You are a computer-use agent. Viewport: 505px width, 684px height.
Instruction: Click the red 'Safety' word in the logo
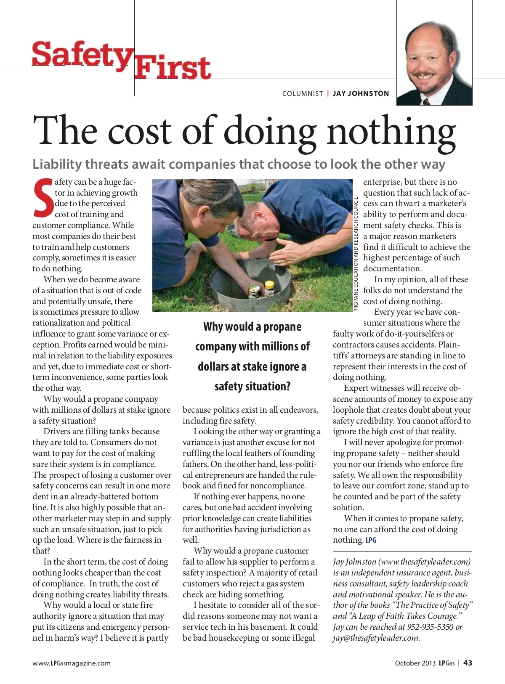click(x=81, y=55)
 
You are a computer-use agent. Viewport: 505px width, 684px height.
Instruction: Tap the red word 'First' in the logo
click(x=173, y=68)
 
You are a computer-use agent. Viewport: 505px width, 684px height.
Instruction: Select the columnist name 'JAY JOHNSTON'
click(x=361, y=93)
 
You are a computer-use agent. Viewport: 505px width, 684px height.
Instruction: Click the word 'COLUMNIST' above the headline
click(x=303, y=93)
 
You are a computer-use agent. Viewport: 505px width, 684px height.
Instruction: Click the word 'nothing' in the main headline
click(x=391, y=131)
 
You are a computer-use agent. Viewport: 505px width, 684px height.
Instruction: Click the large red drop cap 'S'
click(x=43, y=198)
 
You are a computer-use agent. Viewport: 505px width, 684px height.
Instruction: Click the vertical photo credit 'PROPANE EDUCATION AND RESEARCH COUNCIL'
click(x=356, y=254)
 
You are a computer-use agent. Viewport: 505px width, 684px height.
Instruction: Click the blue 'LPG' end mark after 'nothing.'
click(x=371, y=540)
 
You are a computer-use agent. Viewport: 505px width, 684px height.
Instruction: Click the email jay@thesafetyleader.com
click(x=376, y=638)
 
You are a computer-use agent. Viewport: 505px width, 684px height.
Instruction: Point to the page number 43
click(x=468, y=663)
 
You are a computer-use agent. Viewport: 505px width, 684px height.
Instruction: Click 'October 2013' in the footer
click(x=415, y=663)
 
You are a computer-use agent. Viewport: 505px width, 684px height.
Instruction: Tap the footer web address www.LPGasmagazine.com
click(x=72, y=663)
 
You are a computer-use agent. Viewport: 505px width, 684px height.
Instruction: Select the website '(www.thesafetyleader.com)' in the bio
click(x=424, y=562)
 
